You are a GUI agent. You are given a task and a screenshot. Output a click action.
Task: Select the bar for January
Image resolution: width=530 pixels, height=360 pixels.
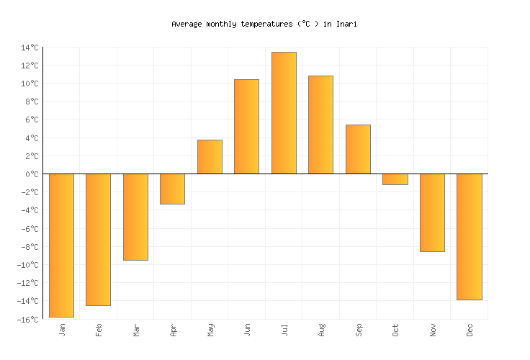click(x=61, y=245)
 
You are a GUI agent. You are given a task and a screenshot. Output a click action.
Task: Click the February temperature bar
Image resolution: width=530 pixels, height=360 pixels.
click(x=98, y=239)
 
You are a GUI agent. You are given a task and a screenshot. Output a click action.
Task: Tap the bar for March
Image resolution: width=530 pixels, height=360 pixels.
click(x=135, y=217)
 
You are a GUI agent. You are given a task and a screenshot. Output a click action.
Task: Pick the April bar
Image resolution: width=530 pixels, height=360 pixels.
click(x=172, y=189)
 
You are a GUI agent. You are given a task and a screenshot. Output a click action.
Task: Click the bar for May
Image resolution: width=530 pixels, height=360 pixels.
click(x=210, y=157)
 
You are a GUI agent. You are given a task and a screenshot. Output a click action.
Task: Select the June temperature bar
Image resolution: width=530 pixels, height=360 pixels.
click(x=246, y=127)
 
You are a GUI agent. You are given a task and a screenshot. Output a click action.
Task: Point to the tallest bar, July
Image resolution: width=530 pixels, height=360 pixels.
click(x=284, y=113)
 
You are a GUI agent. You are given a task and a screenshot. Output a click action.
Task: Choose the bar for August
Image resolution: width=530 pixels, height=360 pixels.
click(x=320, y=125)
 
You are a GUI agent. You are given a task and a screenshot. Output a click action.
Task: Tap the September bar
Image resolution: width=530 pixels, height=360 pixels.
click(x=358, y=149)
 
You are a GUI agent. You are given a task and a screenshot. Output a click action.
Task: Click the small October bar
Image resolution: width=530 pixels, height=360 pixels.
click(x=395, y=179)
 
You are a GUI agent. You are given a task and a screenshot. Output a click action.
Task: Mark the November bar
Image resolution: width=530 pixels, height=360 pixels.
click(x=432, y=212)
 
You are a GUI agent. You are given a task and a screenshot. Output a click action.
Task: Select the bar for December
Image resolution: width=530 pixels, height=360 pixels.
click(x=469, y=236)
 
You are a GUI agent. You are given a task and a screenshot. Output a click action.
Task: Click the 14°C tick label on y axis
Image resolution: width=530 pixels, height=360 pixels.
click(x=30, y=48)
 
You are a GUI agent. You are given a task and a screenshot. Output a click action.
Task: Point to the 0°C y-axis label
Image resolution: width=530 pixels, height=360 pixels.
click(x=32, y=174)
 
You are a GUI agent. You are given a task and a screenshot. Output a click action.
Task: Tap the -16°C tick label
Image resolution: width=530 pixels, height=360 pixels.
click(x=28, y=320)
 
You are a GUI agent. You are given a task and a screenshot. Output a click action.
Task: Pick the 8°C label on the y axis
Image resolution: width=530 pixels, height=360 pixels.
click(x=32, y=102)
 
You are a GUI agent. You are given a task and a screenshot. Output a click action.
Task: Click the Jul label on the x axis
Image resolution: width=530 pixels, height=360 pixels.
click(x=284, y=330)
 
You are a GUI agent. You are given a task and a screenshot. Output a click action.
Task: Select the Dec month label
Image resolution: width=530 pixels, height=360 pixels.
click(x=470, y=330)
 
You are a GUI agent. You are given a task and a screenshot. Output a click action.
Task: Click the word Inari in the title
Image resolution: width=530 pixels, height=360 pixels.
click(x=346, y=24)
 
